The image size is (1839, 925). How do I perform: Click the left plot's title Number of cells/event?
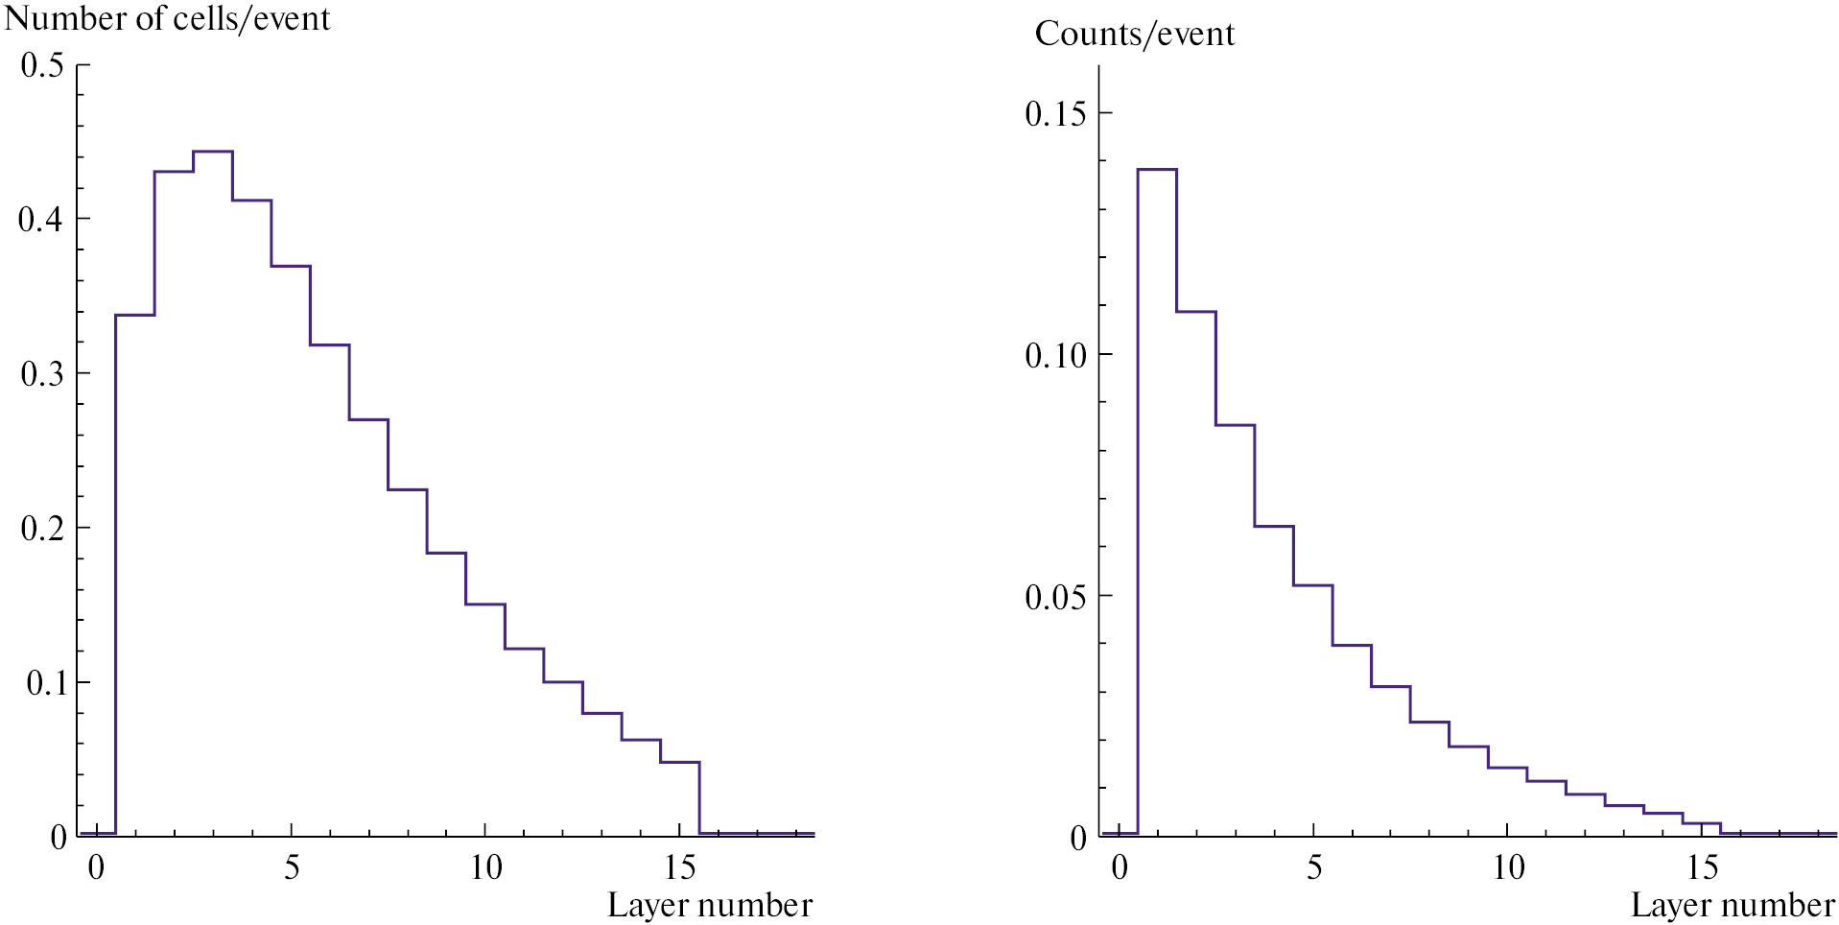point(168,19)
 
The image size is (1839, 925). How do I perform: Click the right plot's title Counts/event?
point(1134,35)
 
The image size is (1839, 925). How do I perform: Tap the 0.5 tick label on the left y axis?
point(42,65)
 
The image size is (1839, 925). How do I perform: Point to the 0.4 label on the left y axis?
point(42,220)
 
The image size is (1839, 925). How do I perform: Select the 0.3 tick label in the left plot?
point(42,374)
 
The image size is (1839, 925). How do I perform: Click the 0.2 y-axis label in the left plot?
point(42,529)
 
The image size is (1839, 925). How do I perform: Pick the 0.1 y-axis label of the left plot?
point(42,683)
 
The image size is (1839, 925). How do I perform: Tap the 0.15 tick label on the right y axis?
point(1055,114)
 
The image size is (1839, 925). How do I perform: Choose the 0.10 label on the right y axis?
point(1055,356)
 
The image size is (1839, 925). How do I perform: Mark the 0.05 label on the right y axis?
point(1055,598)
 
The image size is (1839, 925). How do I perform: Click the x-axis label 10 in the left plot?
point(485,868)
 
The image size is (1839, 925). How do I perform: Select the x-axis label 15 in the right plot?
point(1702,868)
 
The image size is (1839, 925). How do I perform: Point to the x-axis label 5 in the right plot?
point(1314,868)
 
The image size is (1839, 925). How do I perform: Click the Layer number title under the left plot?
point(710,906)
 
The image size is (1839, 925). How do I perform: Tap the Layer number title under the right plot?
point(1733,906)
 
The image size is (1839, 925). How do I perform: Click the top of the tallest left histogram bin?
point(213,152)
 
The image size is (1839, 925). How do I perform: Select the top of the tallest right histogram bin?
point(1157,170)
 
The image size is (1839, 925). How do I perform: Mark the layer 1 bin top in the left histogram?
point(135,315)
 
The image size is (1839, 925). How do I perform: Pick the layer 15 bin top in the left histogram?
point(680,762)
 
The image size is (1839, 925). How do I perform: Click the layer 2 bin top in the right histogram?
point(1196,312)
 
